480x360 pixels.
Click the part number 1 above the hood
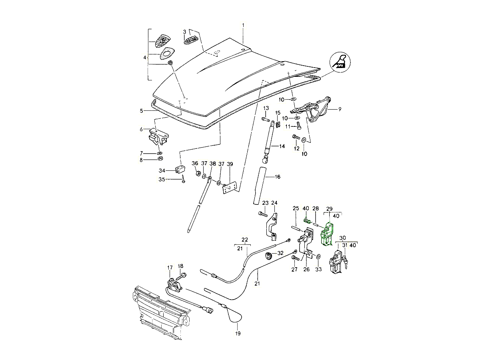242,26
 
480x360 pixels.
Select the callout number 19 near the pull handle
238,333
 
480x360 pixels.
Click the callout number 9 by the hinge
340,108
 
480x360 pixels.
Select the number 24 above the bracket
274,203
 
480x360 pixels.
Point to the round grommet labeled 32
269,256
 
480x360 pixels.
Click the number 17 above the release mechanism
170,268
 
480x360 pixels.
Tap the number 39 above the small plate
230,164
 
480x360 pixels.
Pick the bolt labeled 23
263,214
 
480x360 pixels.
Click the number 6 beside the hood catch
142,129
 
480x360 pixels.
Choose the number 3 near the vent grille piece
184,32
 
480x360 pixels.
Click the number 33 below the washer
318,270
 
